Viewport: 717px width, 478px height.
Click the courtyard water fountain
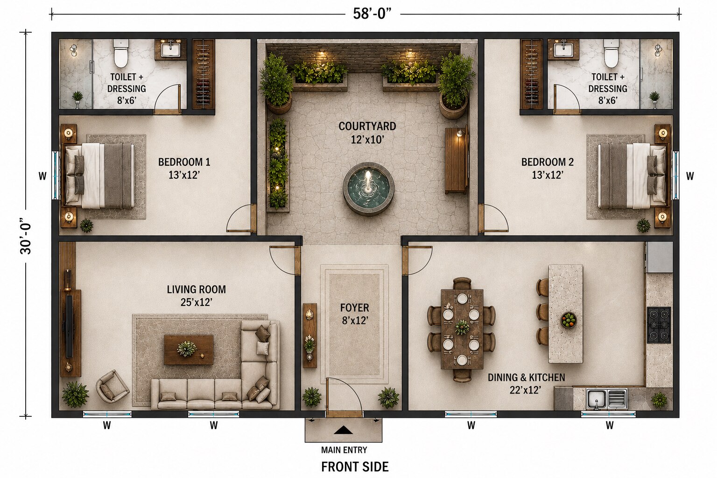pyautogui.click(x=368, y=189)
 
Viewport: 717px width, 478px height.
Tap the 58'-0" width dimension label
pyautogui.click(x=372, y=14)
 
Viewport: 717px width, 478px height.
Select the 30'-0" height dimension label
pyautogui.click(x=26, y=236)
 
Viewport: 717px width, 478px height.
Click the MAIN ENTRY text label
pyautogui.click(x=344, y=450)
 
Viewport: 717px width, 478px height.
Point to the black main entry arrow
pyautogui.click(x=343, y=430)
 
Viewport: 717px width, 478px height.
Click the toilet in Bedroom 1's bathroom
pyautogui.click(x=121, y=53)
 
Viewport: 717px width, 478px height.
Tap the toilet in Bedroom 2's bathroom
pyautogui.click(x=612, y=53)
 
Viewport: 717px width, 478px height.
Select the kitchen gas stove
pyautogui.click(x=659, y=325)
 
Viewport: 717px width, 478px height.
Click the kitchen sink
pyautogui.click(x=606, y=399)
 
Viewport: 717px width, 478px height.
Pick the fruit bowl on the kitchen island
pyautogui.click(x=569, y=320)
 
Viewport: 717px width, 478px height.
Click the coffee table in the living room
pyautogui.click(x=189, y=350)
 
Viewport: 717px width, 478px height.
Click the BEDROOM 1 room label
pyautogui.click(x=184, y=162)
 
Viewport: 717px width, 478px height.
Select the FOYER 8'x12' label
pyautogui.click(x=355, y=314)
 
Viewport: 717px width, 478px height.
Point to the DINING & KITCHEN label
pyautogui.click(x=526, y=378)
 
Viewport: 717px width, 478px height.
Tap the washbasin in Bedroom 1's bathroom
pyautogui.click(x=170, y=49)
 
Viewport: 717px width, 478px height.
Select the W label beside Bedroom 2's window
pyautogui.click(x=690, y=176)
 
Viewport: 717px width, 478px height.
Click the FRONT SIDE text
pyautogui.click(x=355, y=467)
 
